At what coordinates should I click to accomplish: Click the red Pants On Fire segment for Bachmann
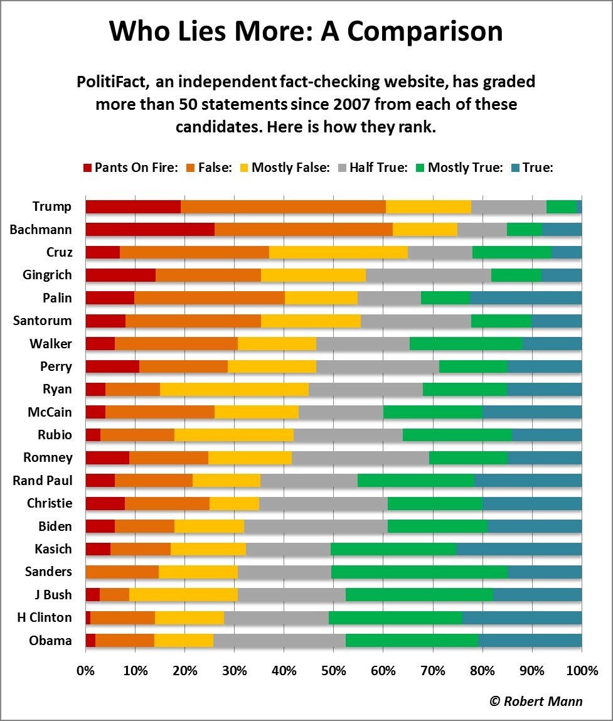pyautogui.click(x=149, y=230)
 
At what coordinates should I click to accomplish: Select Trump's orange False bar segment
pyautogui.click(x=283, y=206)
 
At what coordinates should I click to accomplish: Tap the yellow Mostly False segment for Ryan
pyautogui.click(x=234, y=389)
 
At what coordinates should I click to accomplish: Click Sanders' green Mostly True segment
pyautogui.click(x=419, y=572)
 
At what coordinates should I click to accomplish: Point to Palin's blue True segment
pyautogui.click(x=526, y=298)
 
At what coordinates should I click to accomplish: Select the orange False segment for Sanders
pyautogui.click(x=122, y=572)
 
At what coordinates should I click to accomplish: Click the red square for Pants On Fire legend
pyautogui.click(x=88, y=168)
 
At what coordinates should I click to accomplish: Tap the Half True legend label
pyautogui.click(x=378, y=168)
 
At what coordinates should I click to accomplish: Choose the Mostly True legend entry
pyautogui.click(x=464, y=168)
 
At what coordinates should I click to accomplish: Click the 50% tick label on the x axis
pyautogui.click(x=333, y=670)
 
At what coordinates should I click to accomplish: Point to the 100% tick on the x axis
pyautogui.click(x=582, y=670)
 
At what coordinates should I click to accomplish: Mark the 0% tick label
pyautogui.click(x=85, y=670)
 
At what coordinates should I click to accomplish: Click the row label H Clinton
pyautogui.click(x=45, y=617)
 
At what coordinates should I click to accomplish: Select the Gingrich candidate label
pyautogui.click(x=46, y=275)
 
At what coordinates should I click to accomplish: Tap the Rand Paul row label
pyautogui.click(x=42, y=481)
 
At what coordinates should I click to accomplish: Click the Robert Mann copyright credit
pyautogui.click(x=536, y=701)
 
